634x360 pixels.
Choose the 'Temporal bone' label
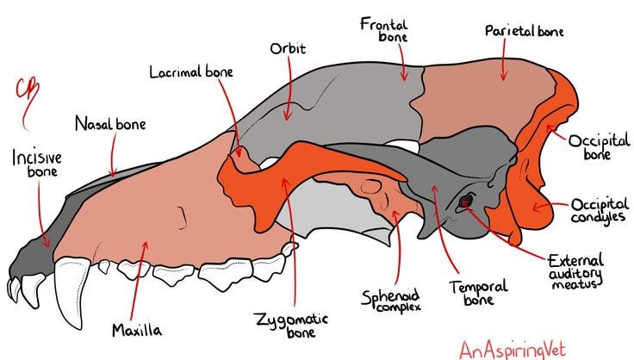pos(478,293)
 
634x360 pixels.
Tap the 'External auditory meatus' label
pos(575,272)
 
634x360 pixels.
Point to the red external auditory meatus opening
pos(466,202)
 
